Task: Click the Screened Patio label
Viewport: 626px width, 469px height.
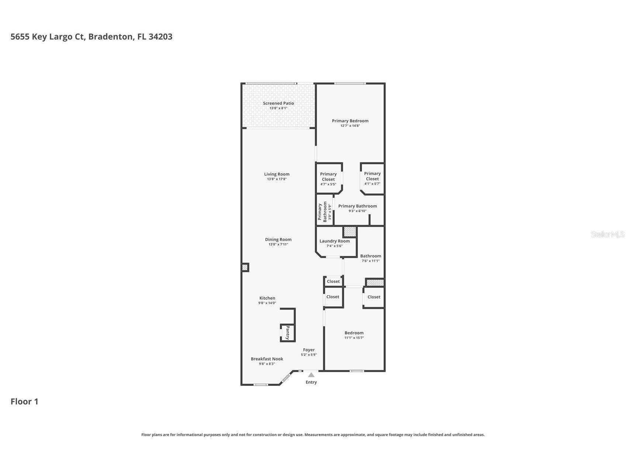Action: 278,103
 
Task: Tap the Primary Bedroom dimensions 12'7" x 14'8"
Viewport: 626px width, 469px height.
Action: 350,126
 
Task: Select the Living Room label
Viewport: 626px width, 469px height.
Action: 277,174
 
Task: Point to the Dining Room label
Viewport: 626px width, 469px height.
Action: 278,239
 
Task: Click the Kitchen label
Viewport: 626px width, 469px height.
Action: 267,298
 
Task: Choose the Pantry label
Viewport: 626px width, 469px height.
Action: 288,333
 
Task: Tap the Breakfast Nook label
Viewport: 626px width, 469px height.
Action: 267,359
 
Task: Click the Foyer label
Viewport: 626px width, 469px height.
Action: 309,350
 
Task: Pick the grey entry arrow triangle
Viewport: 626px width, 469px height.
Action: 311,375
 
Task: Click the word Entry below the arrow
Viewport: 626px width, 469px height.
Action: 311,382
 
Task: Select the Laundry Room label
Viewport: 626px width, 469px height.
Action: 335,241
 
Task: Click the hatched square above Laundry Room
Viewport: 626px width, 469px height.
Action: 350,232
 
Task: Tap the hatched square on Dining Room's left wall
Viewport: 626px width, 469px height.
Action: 245,267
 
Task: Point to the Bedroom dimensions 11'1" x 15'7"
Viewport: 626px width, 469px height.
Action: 354,338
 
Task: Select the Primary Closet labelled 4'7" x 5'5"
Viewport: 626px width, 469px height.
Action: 328,177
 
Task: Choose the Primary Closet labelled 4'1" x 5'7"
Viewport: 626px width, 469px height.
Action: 372,176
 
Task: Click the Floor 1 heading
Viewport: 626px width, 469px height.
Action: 24,402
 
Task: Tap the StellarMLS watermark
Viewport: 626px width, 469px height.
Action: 608,234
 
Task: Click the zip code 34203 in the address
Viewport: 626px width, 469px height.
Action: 160,37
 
